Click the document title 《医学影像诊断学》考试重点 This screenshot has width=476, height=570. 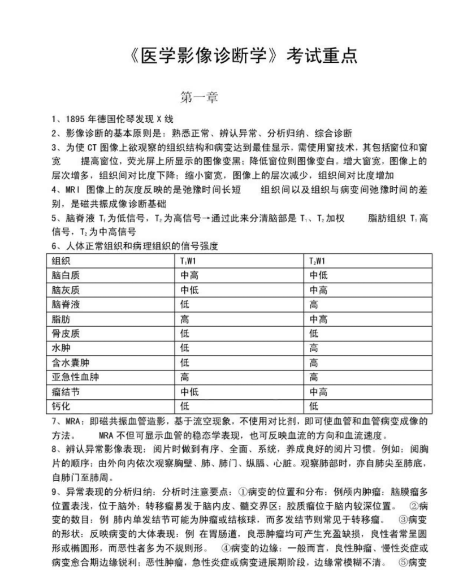click(243, 57)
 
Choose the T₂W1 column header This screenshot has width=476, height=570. click(317, 261)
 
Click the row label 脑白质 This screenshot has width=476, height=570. click(63, 275)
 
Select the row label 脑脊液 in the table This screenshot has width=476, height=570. click(63, 305)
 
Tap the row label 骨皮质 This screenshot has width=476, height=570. click(63, 334)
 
